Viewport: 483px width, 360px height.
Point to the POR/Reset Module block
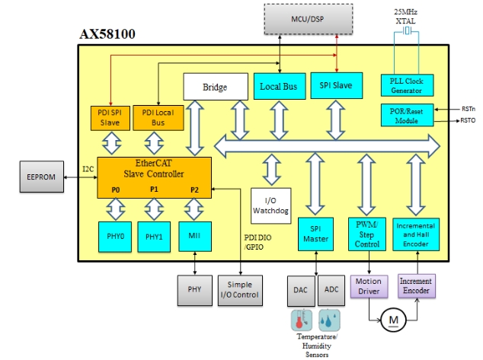pos(409,116)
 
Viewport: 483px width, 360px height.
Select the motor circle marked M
pos(393,320)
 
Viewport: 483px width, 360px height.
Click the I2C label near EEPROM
pos(88,169)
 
